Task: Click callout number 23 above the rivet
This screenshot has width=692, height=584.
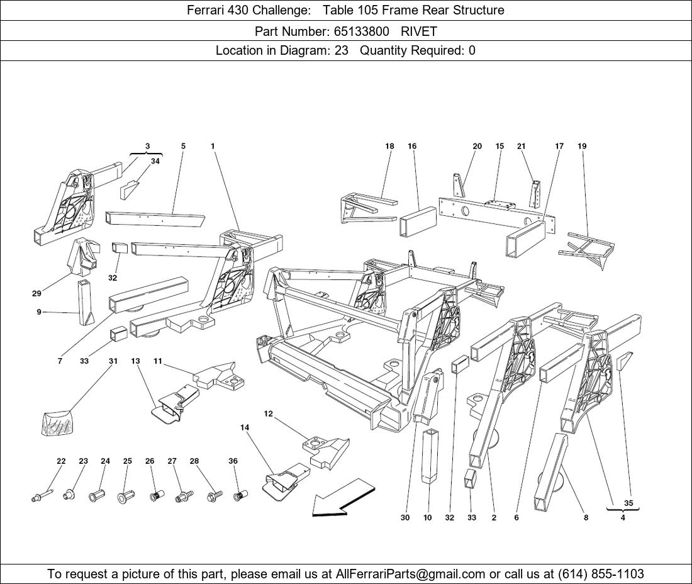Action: [83, 461]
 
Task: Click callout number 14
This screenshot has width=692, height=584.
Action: [245, 427]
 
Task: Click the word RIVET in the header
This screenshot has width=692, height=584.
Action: [419, 31]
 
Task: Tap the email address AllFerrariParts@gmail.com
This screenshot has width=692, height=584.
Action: [411, 574]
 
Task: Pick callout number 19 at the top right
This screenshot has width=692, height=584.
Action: [582, 146]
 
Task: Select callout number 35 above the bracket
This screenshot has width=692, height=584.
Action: [628, 503]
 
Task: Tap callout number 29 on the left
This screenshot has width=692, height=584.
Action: [36, 293]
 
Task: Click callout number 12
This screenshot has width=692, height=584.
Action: [268, 413]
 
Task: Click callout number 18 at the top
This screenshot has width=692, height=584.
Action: [389, 146]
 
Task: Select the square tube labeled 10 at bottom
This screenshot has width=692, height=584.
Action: [430, 456]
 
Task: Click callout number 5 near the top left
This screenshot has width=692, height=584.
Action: [183, 146]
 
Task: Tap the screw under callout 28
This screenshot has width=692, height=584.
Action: [215, 495]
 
